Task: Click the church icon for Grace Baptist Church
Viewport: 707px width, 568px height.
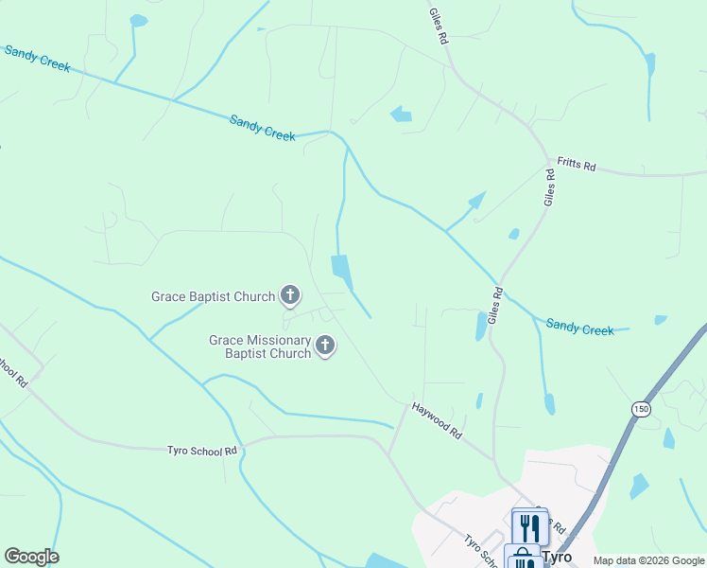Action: point(290,296)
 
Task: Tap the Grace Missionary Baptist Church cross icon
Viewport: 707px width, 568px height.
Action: point(325,346)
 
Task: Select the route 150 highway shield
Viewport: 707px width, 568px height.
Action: point(641,407)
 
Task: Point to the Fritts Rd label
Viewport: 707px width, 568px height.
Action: point(576,166)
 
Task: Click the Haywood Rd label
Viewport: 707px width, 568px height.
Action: point(437,420)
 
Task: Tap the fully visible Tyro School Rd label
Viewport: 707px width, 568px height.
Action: point(201,452)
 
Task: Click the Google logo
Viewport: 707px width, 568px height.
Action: point(31,557)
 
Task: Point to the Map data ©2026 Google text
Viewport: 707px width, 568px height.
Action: point(648,560)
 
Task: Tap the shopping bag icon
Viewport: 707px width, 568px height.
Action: point(522,559)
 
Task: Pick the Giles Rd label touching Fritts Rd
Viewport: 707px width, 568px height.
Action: point(549,186)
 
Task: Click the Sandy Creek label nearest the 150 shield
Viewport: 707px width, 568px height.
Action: point(580,328)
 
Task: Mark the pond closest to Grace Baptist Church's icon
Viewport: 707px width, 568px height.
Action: point(341,272)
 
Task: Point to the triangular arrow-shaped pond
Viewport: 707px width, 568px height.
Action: point(476,201)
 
